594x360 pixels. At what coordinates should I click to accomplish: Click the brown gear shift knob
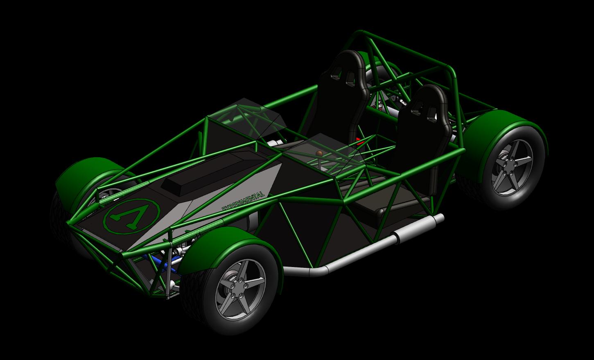[320, 153]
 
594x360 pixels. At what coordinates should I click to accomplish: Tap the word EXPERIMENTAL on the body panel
[243, 201]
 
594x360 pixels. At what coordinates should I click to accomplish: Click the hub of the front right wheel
[239, 289]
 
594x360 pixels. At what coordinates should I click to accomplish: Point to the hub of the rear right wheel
[510, 168]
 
